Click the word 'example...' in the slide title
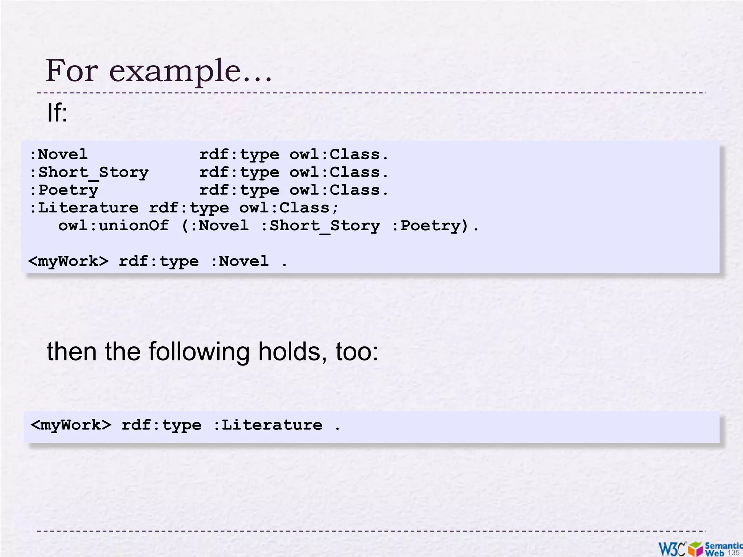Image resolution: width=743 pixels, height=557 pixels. pyautogui.click(x=190, y=71)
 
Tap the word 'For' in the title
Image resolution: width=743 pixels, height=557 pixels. pyautogui.click(x=72, y=70)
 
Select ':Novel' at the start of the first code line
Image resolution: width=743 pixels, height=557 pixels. pyautogui.click(x=58, y=155)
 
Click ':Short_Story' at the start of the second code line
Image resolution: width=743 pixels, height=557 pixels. pyautogui.click(x=89, y=173)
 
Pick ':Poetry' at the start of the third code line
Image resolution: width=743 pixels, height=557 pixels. pyautogui.click(x=63, y=190)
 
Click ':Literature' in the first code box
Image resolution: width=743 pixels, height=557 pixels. pyautogui.click(x=84, y=208)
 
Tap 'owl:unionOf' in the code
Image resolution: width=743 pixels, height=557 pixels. pyautogui.click(x=114, y=226)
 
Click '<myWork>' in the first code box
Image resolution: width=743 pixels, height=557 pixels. pyautogui.click(x=68, y=261)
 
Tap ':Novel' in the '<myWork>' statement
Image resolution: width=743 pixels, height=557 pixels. pyautogui.click(x=240, y=261)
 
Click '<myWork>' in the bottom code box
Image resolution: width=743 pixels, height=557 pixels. pyautogui.click(x=71, y=425)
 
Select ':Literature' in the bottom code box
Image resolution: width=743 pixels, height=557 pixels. pyautogui.click(x=268, y=425)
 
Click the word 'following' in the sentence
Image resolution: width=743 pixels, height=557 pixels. pyautogui.click(x=199, y=352)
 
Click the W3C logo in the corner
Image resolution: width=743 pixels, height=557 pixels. pyautogui.click(x=672, y=549)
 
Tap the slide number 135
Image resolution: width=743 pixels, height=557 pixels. pyautogui.click(x=733, y=552)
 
